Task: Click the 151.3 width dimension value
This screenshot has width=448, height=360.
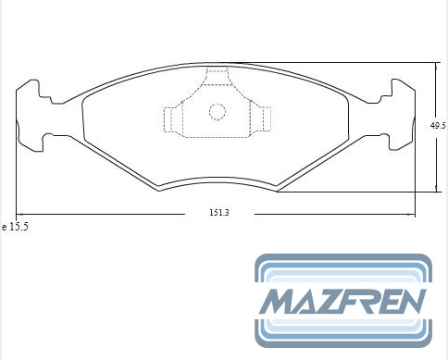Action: [x=219, y=213]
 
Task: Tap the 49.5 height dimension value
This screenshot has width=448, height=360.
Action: [x=438, y=126]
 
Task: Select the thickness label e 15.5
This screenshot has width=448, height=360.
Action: [x=15, y=227]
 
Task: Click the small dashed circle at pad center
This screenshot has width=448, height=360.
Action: [x=218, y=112]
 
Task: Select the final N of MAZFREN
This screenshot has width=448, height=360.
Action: [x=410, y=301]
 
